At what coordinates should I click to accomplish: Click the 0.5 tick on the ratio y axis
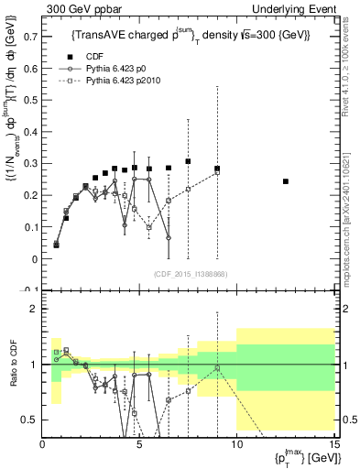coord(32,420)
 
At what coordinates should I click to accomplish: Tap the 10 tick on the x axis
coord(236,444)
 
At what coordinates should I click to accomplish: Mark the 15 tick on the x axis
coord(333,444)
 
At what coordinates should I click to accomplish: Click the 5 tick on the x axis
coord(139,444)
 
